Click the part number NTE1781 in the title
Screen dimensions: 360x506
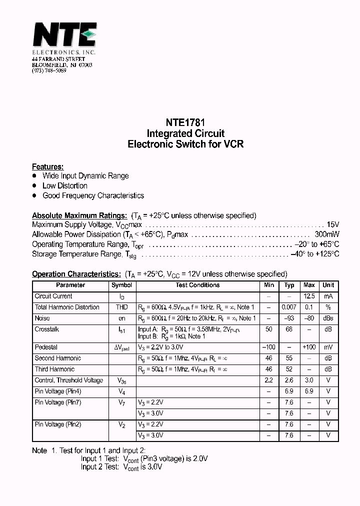coord(185,122)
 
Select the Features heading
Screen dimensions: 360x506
coord(47,166)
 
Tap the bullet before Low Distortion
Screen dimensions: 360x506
coord(34,185)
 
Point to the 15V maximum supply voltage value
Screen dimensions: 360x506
coord(332,225)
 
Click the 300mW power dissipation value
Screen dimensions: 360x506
coord(327,234)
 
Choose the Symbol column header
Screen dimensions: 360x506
coord(121,285)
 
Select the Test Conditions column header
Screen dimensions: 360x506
coord(197,285)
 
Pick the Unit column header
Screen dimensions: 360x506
coord(328,285)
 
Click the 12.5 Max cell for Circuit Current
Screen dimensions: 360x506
coord(309,296)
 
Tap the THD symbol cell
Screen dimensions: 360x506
coord(121,307)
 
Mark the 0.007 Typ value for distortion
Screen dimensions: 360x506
coord(289,307)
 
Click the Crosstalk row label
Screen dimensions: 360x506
coord(47,329)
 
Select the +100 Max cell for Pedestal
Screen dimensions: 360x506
coord(309,347)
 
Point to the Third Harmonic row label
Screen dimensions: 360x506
coord(54,369)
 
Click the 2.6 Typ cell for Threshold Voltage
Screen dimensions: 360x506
coord(289,380)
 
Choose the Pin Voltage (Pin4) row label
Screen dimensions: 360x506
coord(58,391)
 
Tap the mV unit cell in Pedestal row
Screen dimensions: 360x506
coord(328,347)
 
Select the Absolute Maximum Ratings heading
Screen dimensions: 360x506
coord(79,215)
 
